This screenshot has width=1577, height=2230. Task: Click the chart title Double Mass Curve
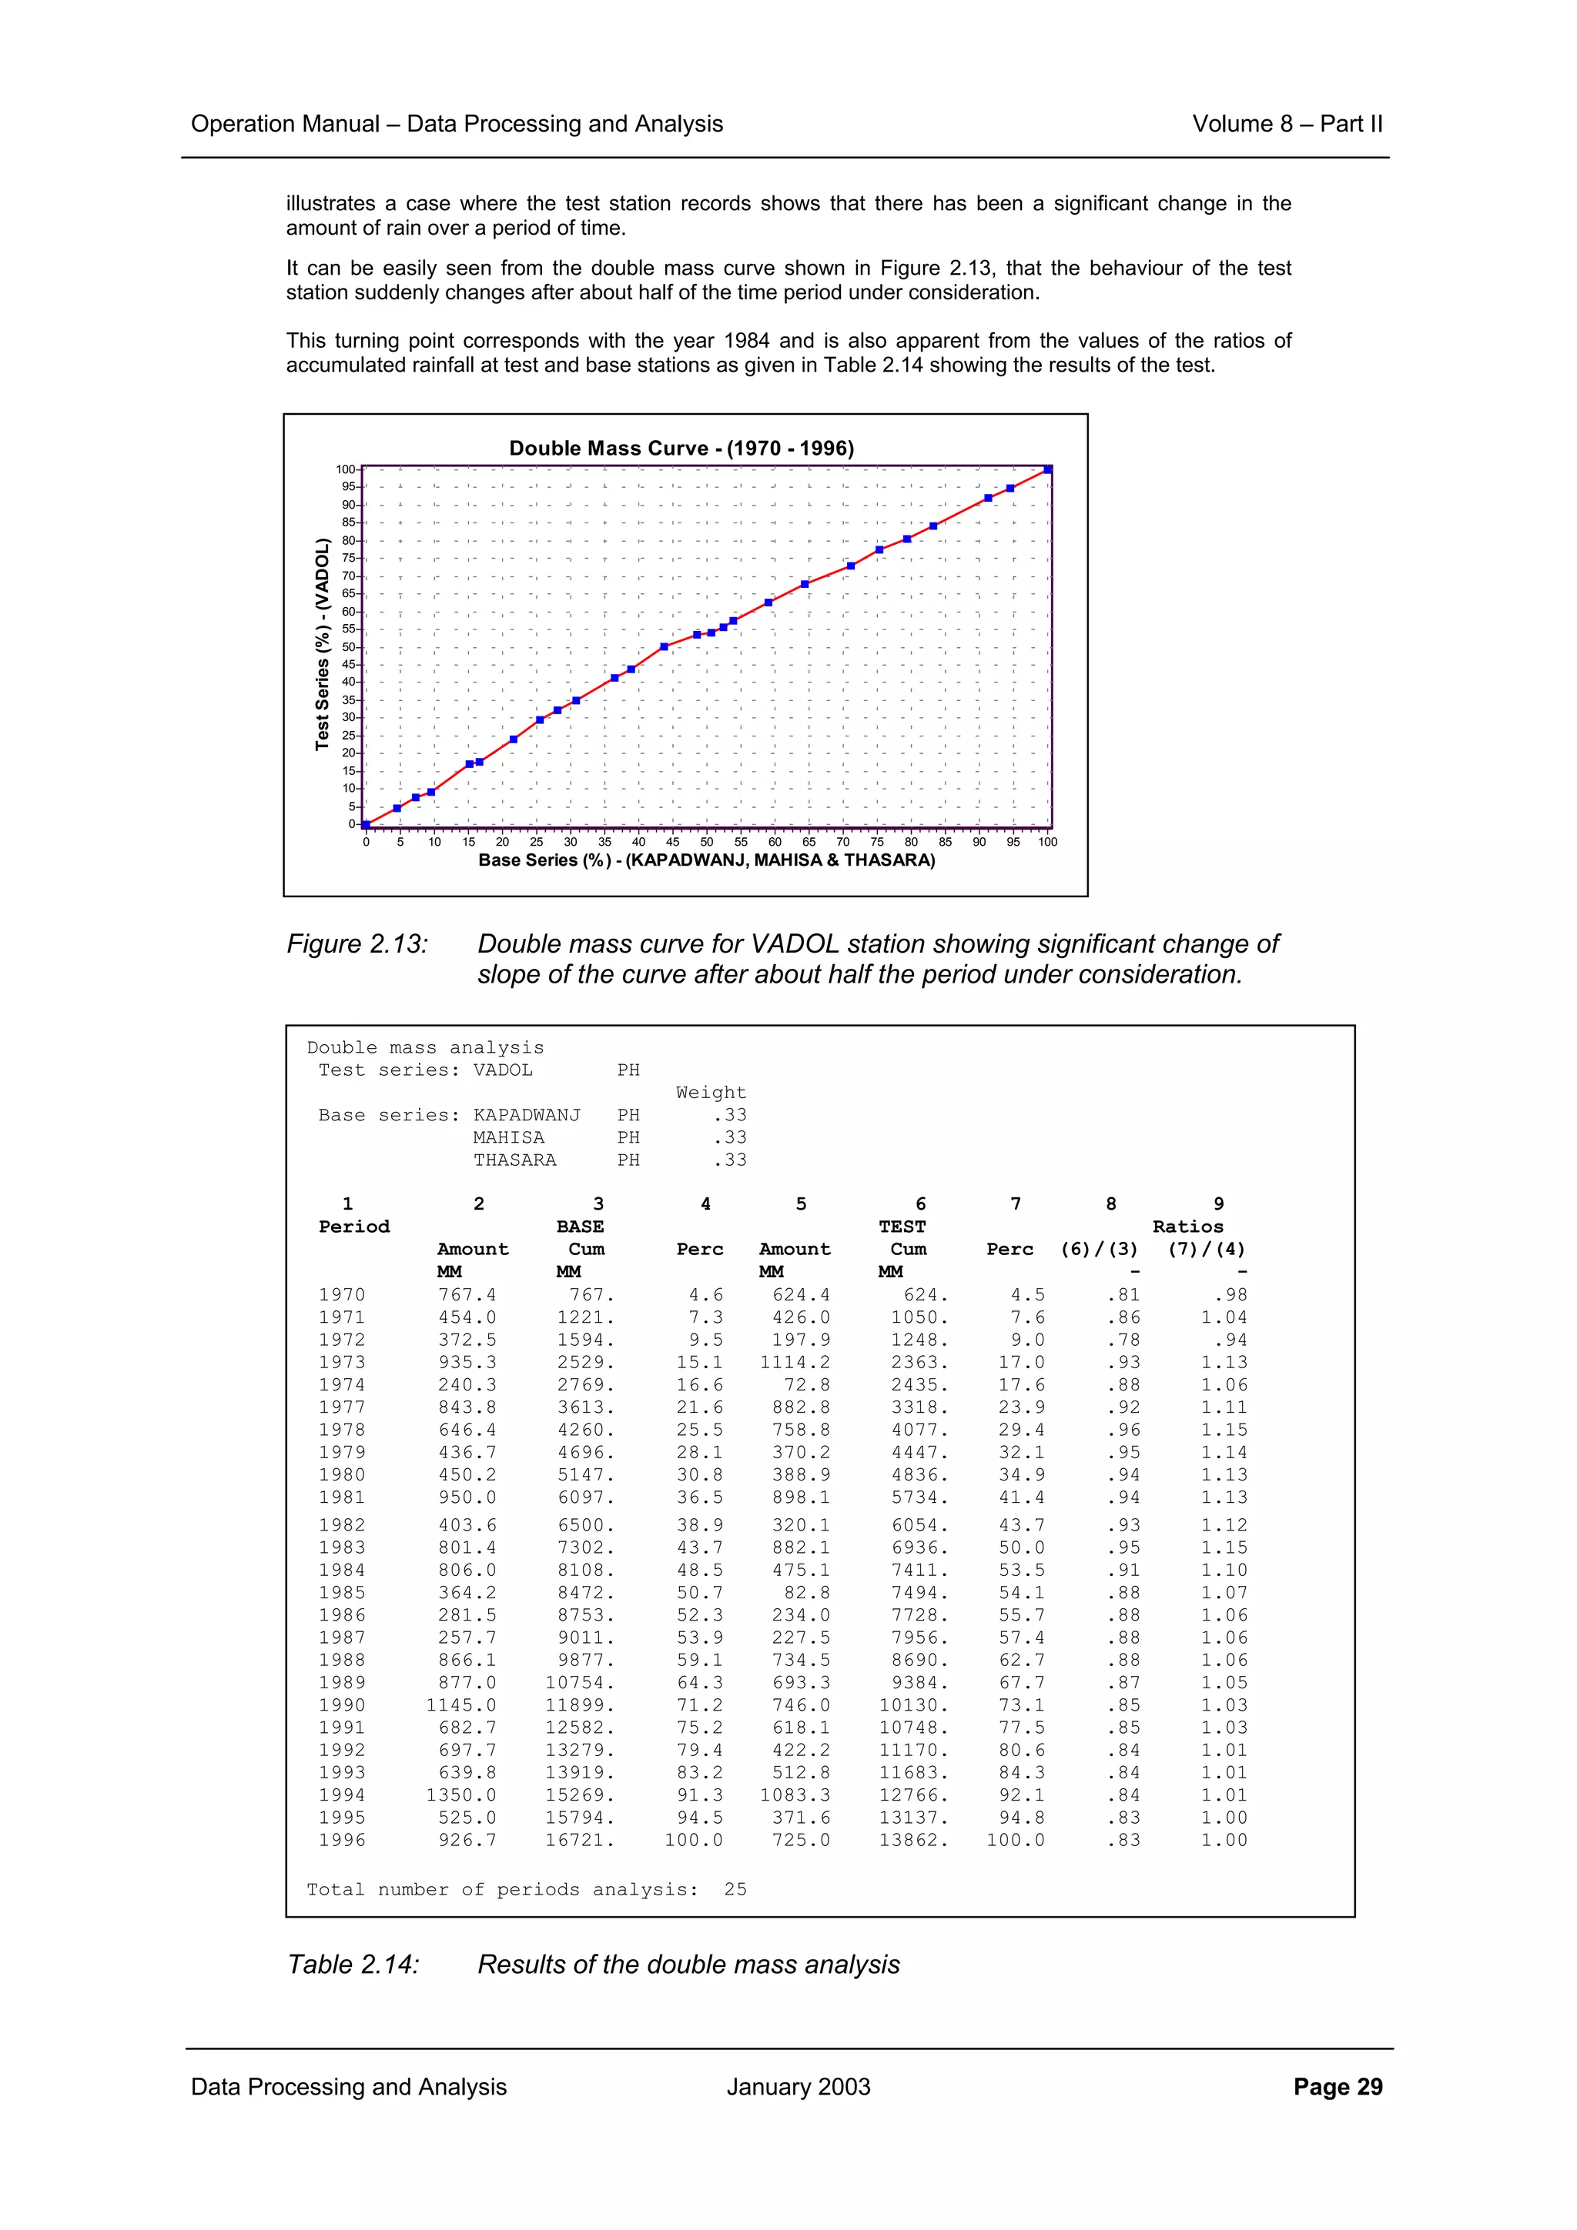point(681,449)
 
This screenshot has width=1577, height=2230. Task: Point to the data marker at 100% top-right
point(1047,469)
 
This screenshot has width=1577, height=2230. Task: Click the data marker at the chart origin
point(367,825)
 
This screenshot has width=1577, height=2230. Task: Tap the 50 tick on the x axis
point(706,842)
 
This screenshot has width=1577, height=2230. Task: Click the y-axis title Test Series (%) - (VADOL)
point(323,645)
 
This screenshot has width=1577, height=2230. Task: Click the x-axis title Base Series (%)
point(706,860)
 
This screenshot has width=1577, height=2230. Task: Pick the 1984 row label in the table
point(342,1571)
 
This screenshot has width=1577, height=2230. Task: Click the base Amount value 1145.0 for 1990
point(460,1705)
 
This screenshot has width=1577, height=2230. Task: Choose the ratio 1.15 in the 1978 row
point(1224,1430)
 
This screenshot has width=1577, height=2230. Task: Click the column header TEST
point(902,1227)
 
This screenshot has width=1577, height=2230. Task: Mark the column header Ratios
point(1187,1227)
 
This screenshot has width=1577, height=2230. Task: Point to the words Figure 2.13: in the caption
point(357,944)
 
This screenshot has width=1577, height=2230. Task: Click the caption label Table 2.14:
point(353,1965)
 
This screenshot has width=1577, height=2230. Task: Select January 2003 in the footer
point(798,2087)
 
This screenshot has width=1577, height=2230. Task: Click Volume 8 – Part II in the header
point(1287,125)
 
